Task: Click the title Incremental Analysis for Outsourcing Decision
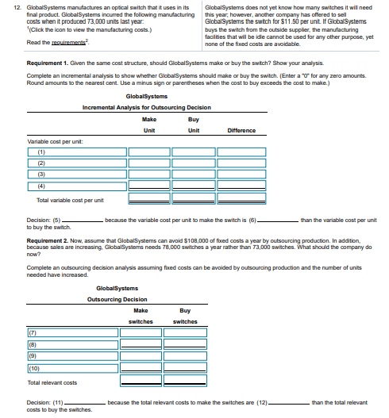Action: [x=146, y=107]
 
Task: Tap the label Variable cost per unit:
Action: [x=48, y=142]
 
